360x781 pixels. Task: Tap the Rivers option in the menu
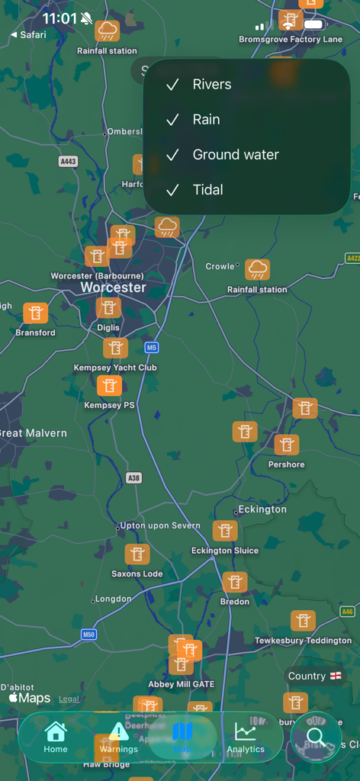211,85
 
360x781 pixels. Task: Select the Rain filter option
206,120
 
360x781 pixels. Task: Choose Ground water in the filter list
235,155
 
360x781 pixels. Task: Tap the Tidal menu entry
207,190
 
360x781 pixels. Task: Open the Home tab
56,737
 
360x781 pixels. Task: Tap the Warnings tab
118,737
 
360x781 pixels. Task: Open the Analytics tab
246,737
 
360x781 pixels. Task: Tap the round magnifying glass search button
316,737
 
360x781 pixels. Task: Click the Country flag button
314,677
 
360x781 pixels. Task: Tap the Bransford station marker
35,313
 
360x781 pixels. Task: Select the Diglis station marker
108,308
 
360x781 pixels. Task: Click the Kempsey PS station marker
109,386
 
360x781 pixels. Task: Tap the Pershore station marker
287,445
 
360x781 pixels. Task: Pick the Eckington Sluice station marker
225,531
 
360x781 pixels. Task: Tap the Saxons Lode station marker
137,554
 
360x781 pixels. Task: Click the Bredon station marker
235,583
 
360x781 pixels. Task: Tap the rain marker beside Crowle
258,269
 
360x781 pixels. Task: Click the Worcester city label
113,288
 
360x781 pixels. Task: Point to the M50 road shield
88,635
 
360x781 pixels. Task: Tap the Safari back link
29,35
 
